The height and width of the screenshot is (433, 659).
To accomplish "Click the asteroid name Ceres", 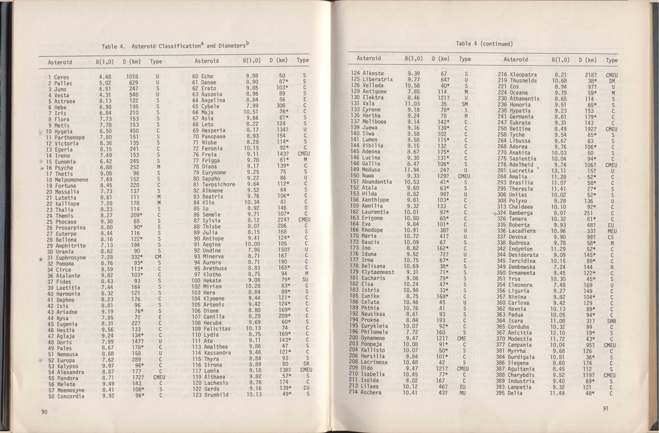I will [x=61, y=77].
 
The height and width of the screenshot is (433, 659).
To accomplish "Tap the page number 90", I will [x=44, y=412].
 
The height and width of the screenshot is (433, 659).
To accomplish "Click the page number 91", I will [x=606, y=408].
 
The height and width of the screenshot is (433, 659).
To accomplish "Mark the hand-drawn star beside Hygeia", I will [x=41, y=132].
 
